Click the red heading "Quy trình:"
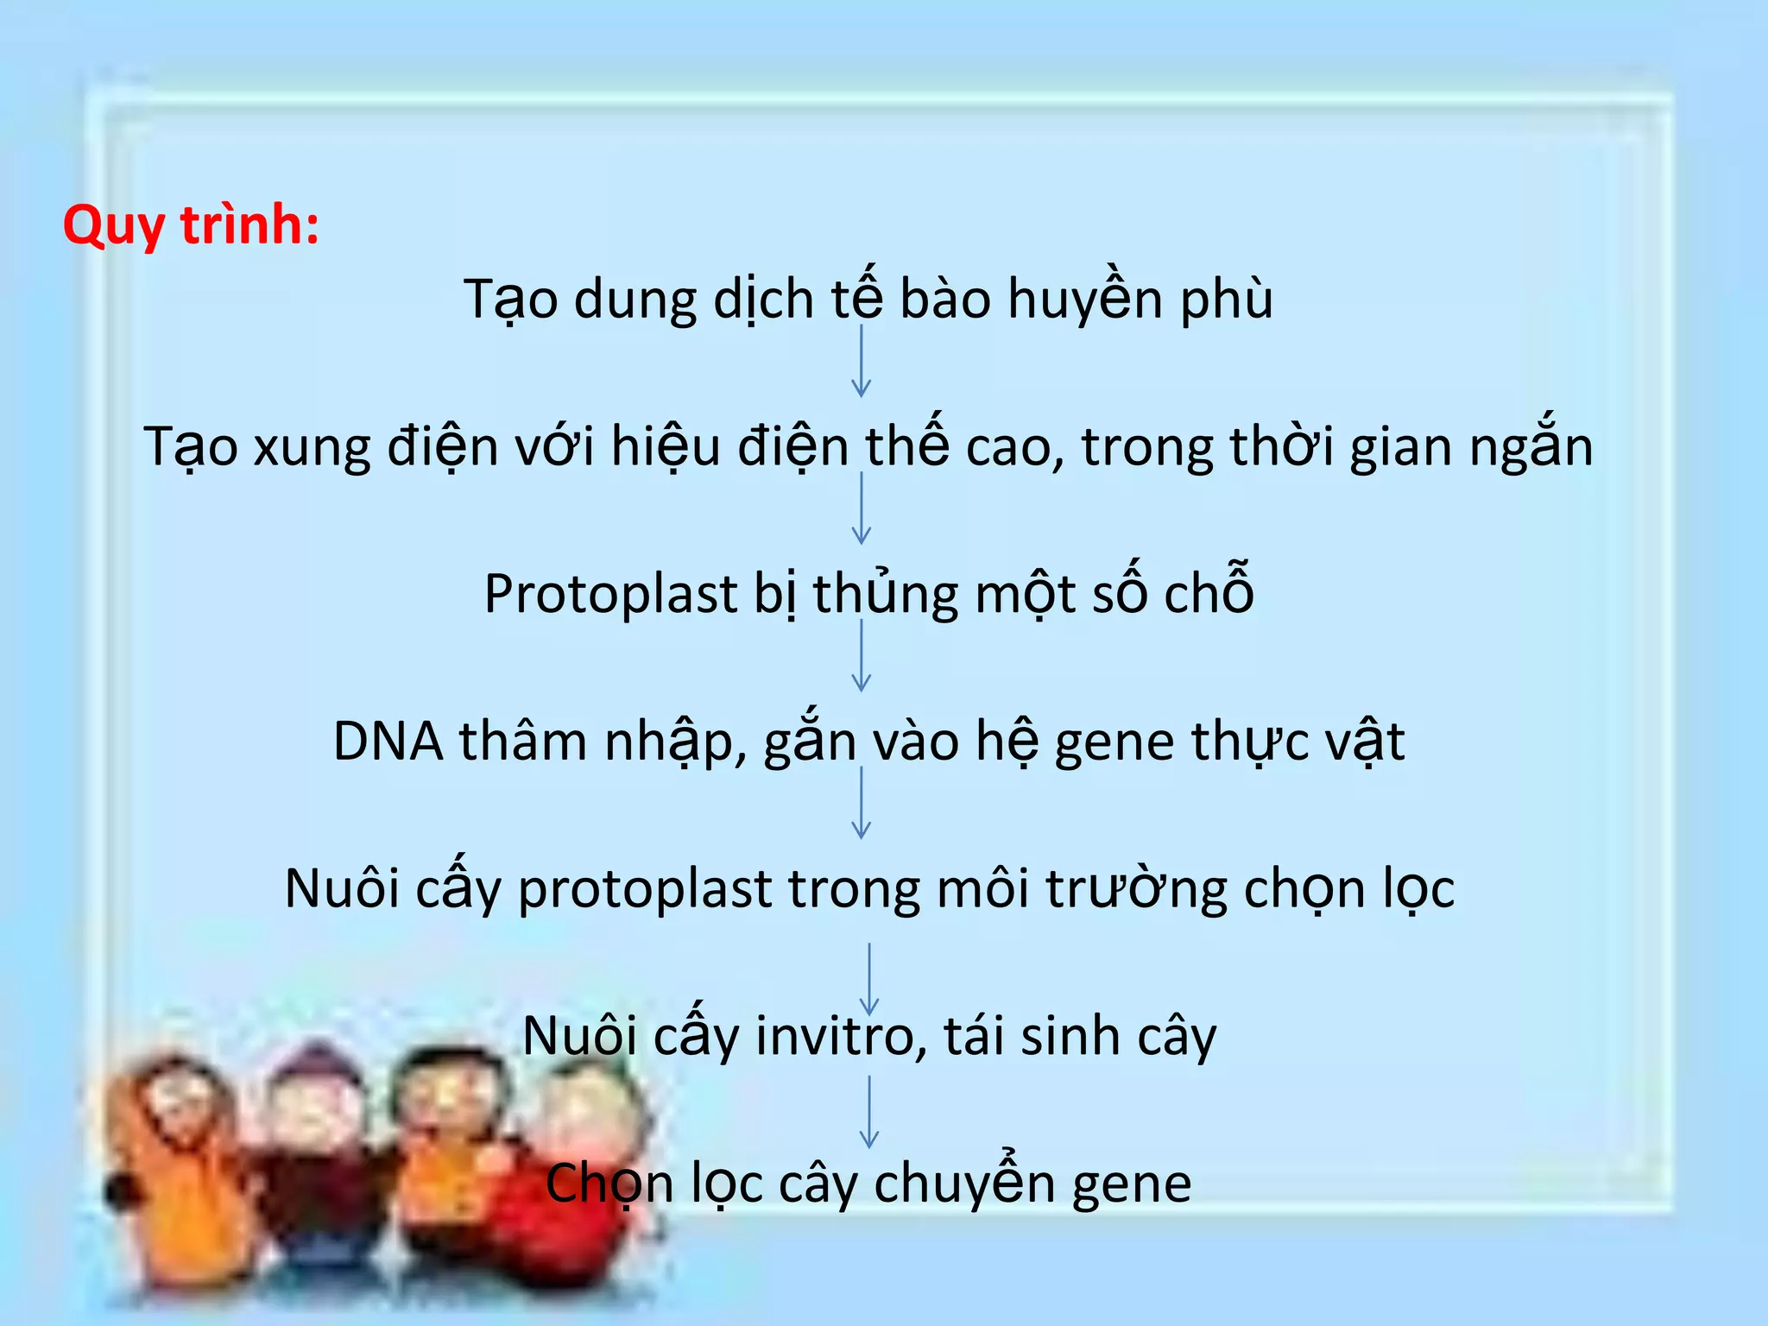click(x=191, y=226)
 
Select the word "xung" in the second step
click(x=312, y=447)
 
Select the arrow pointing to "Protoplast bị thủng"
click(x=861, y=508)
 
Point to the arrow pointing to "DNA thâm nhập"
click(x=861, y=656)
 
